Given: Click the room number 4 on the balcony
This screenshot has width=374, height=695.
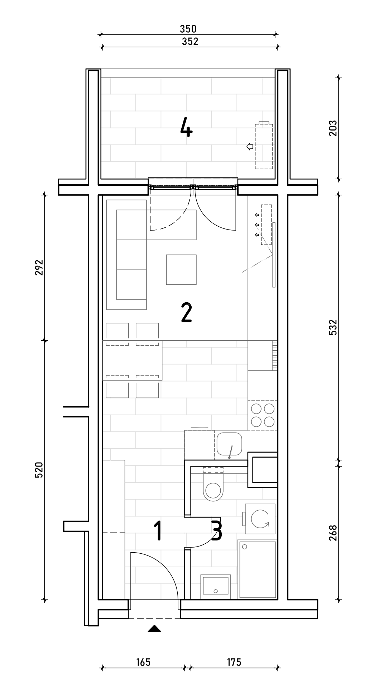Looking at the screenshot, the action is click(x=186, y=128).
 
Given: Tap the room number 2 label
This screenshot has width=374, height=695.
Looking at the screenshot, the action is click(x=187, y=313).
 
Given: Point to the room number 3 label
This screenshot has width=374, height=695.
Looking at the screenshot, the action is click(x=217, y=531).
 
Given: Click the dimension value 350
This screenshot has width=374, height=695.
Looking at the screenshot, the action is click(x=188, y=29).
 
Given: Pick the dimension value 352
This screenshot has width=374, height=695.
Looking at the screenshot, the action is click(x=190, y=42).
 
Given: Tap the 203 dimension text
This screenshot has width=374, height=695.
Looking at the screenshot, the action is click(x=333, y=128).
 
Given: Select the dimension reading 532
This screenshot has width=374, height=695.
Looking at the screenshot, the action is click(x=333, y=327).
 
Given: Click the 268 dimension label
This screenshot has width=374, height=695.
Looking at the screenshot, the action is click(x=333, y=533).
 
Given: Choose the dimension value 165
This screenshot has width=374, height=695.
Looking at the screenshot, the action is click(x=143, y=662).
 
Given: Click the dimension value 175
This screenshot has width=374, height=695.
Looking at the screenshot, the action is click(x=234, y=662).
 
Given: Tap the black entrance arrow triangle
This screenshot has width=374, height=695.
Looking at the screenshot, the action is click(x=154, y=628).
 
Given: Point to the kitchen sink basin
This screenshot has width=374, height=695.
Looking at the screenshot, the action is click(x=229, y=444).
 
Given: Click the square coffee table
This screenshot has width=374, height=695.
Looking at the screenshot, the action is click(x=181, y=270).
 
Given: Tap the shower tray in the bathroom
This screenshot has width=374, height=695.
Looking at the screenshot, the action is click(x=257, y=569).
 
